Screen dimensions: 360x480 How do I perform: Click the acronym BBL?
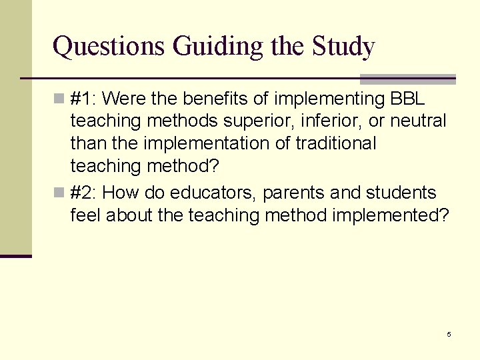coord(407,99)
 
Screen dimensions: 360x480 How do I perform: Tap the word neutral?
coord(419,121)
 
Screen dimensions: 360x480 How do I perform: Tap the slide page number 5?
coord(449,334)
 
